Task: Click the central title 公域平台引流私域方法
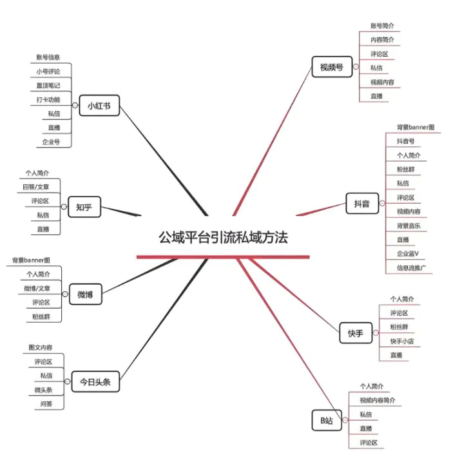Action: click(223, 238)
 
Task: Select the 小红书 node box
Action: click(99, 106)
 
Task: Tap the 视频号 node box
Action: click(332, 67)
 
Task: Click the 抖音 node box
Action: click(362, 204)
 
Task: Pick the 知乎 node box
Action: click(84, 207)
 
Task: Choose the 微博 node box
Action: click(86, 294)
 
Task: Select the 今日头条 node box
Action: click(95, 381)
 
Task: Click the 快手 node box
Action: click(356, 333)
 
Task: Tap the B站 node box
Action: click(327, 420)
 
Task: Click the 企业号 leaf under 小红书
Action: click(51, 142)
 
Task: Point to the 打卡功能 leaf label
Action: click(48, 99)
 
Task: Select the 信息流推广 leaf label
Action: click(411, 268)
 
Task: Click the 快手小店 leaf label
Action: click(402, 341)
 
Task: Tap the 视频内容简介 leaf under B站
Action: click(378, 400)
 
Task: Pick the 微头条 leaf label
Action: click(43, 390)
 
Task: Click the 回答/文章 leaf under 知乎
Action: click(36, 187)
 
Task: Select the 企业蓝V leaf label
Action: click(408, 254)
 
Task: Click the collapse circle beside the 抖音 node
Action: click(382, 204)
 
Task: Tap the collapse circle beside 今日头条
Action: click(67, 381)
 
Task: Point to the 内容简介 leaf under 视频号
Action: click(382, 40)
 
